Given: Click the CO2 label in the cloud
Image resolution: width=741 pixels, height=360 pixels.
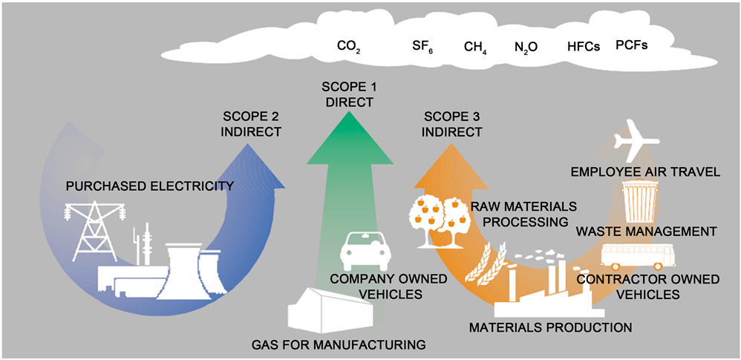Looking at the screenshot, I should (349, 47).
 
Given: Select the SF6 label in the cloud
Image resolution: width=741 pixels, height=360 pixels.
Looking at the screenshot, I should (422, 47).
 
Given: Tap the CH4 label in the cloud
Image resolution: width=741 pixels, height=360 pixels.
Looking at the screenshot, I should (475, 47).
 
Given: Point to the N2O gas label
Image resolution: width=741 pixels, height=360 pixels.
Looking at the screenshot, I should (526, 47).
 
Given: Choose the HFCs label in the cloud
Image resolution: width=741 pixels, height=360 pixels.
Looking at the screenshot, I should (581, 46).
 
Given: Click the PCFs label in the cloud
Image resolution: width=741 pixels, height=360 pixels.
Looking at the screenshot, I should (632, 45).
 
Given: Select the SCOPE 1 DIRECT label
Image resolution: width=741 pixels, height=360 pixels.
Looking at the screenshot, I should (348, 95).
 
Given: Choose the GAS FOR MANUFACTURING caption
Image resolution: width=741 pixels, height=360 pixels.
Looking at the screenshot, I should (339, 344).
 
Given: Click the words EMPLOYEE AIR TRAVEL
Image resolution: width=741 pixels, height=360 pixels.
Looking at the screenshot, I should (644, 173).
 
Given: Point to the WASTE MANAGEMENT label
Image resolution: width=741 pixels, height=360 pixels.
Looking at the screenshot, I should (644, 232).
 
